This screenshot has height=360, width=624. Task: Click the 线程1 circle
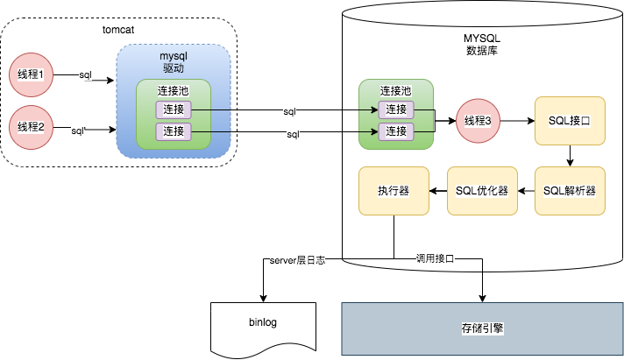(x=32, y=76)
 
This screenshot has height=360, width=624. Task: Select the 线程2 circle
(x=32, y=127)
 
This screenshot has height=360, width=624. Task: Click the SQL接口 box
(x=570, y=121)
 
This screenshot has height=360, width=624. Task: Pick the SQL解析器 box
(x=570, y=191)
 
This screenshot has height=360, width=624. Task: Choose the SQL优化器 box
(x=482, y=191)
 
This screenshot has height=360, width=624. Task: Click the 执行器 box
(x=394, y=191)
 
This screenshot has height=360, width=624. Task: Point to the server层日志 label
(x=297, y=260)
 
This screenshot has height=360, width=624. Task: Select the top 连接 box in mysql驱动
(x=173, y=110)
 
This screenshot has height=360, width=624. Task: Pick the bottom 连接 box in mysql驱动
(x=173, y=131)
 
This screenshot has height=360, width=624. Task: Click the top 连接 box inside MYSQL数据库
(x=396, y=110)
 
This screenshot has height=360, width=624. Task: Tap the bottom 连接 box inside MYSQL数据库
(x=396, y=131)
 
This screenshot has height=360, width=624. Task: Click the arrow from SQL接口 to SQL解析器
(x=570, y=156)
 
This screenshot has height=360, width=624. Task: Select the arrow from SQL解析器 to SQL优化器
(x=526, y=191)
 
